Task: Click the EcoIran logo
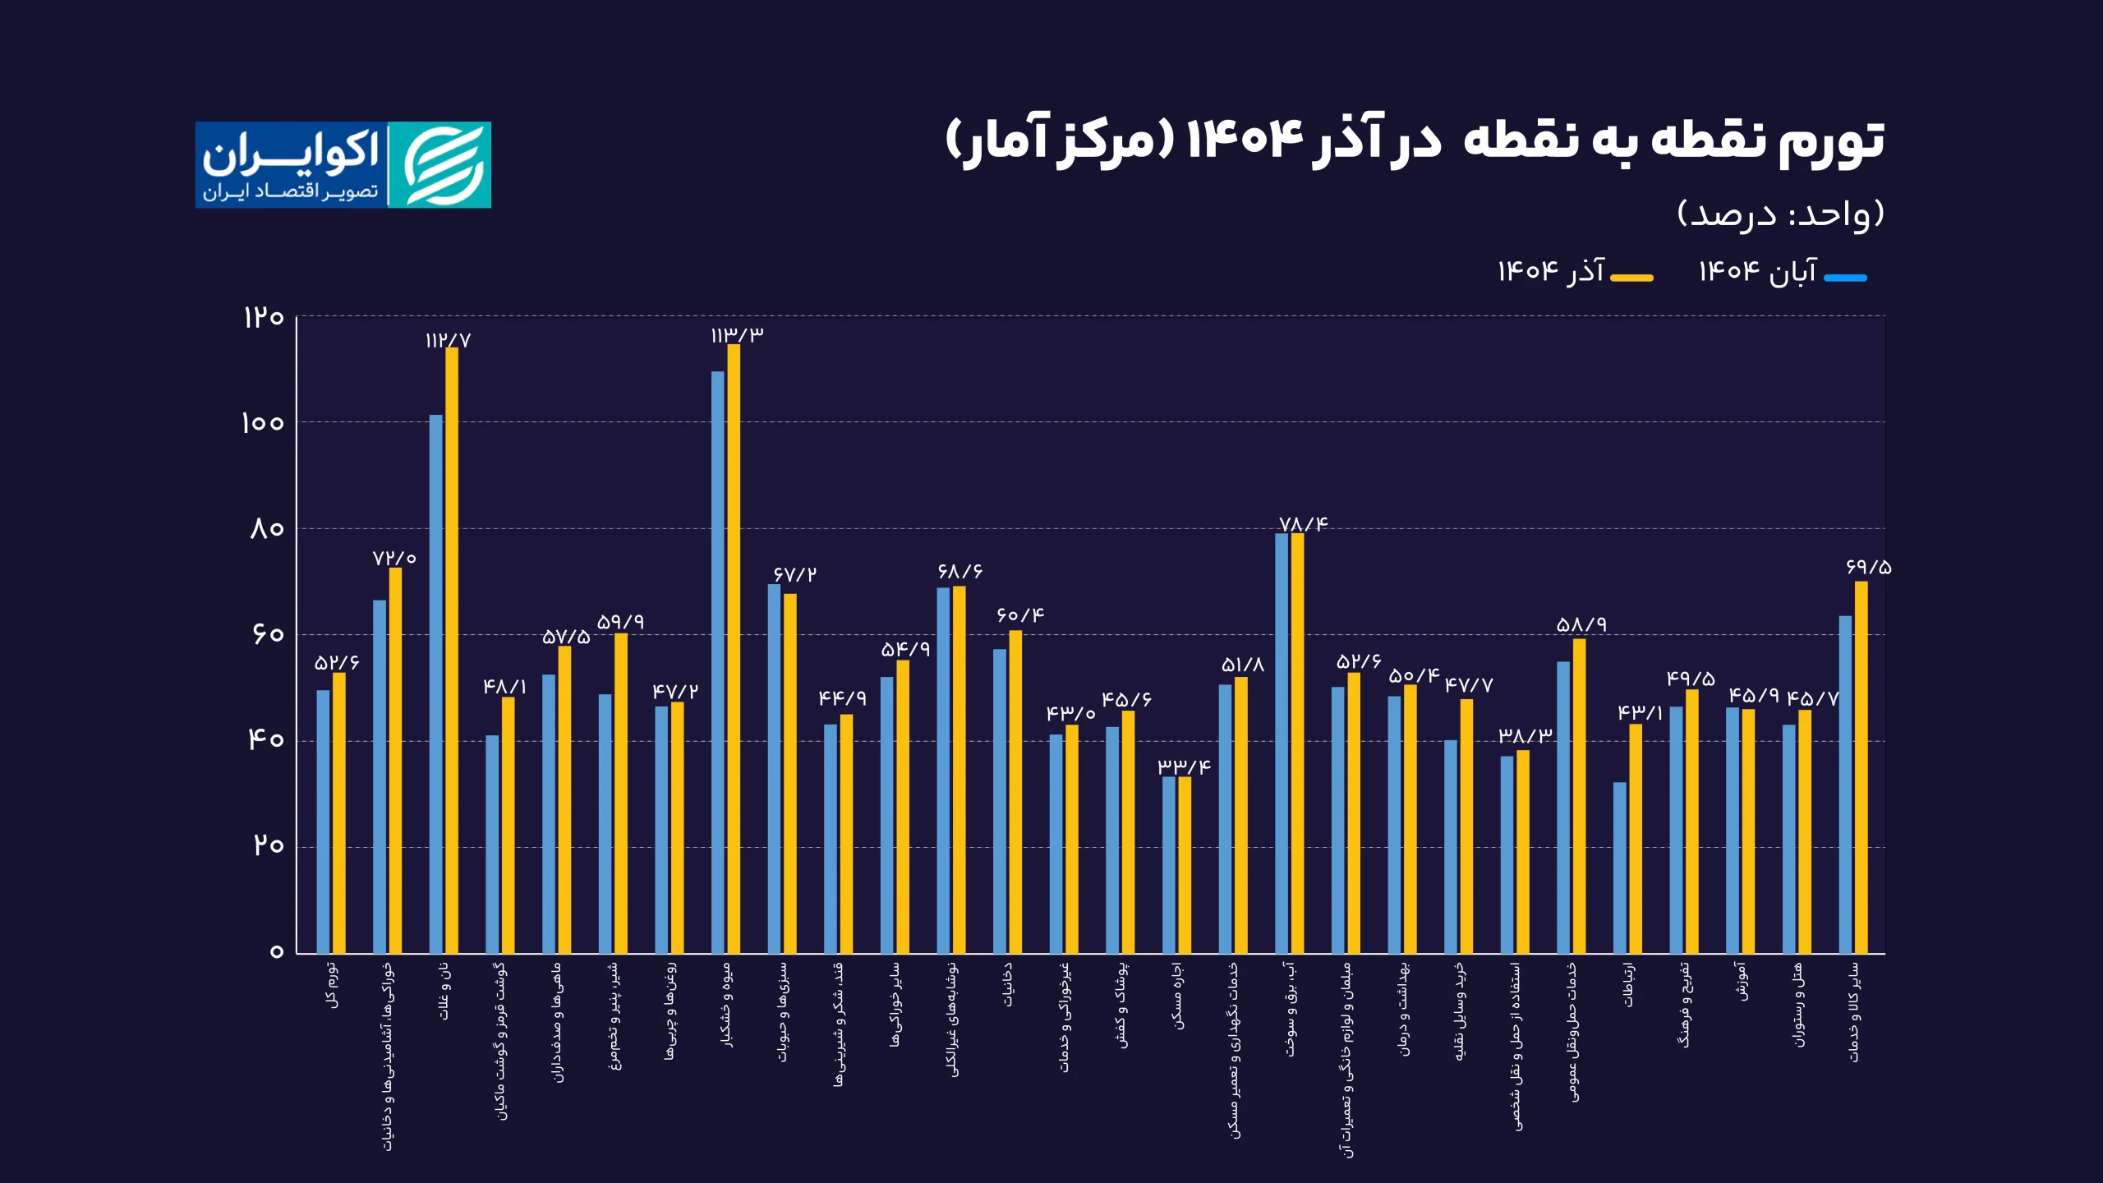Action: point(343,165)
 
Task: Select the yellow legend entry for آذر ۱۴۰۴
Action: point(1573,272)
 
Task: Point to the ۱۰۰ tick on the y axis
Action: point(262,423)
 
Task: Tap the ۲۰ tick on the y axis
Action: point(268,845)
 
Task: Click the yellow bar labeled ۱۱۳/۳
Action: point(734,649)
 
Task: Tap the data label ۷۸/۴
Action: point(1303,524)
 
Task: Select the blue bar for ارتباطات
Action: point(1619,868)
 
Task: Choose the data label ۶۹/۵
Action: point(1868,567)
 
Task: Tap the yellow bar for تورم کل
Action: point(339,812)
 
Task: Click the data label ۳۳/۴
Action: point(1184,766)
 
